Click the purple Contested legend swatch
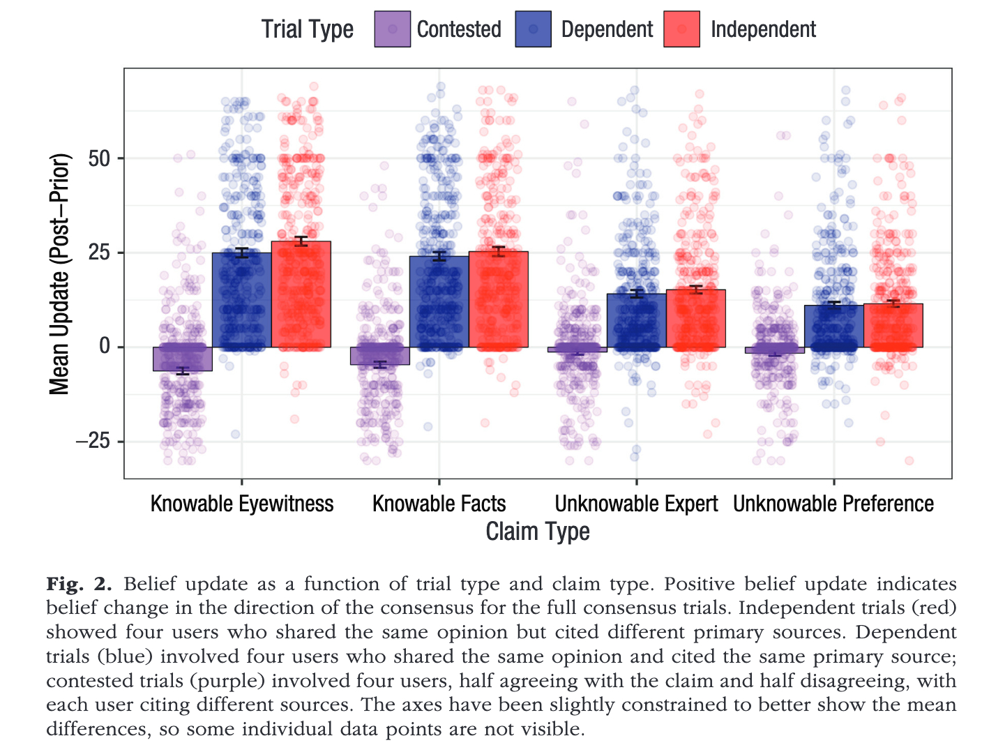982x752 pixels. (393, 29)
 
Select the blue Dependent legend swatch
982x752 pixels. (534, 29)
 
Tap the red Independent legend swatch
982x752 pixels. (681, 29)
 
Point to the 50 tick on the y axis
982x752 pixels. (100, 158)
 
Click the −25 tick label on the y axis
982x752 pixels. (92, 442)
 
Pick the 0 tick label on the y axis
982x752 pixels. (105, 347)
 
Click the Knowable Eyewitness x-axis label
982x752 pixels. (242, 504)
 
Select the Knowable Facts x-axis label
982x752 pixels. (439, 504)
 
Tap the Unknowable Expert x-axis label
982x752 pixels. (636, 504)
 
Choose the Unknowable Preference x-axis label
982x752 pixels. (833, 504)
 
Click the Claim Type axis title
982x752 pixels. (538, 532)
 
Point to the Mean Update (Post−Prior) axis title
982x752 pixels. (60, 273)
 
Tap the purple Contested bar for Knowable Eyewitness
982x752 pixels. (183, 359)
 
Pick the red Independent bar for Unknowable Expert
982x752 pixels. (695, 318)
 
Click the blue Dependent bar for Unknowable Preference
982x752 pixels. (833, 326)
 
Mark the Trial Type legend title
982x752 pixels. (308, 29)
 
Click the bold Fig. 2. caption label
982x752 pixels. (79, 584)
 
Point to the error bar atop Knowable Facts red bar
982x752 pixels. (498, 251)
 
